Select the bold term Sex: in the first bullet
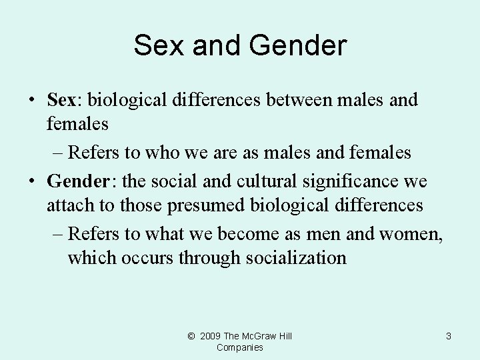coord(64,100)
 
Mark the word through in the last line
coord(211,257)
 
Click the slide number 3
coord(448,336)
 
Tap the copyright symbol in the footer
coord(191,336)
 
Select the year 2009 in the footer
coord(210,336)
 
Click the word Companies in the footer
coord(240,347)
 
